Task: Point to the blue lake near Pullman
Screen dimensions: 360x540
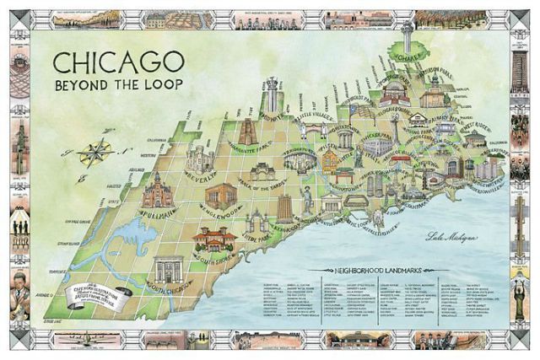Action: (127, 238)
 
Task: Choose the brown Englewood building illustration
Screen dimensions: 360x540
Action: (221, 196)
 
